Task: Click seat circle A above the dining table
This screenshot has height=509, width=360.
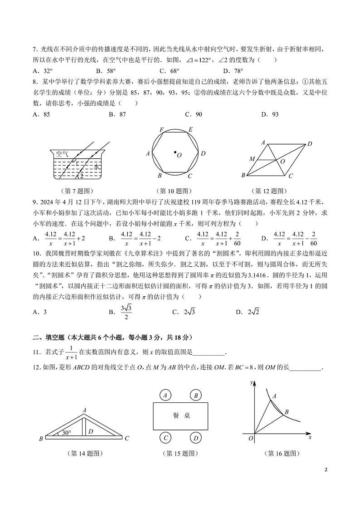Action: [166, 395]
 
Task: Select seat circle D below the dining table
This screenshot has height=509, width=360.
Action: [196, 438]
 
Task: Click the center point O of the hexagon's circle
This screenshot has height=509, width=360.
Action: [175, 153]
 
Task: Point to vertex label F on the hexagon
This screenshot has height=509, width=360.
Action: [161, 130]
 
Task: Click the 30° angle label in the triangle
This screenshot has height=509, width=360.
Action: [66, 433]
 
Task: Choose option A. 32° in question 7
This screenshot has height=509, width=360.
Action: [43, 71]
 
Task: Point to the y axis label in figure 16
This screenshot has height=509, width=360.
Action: [251, 383]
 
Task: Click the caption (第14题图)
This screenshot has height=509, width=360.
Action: [83, 453]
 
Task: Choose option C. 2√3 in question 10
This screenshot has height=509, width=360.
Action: [183, 312]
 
